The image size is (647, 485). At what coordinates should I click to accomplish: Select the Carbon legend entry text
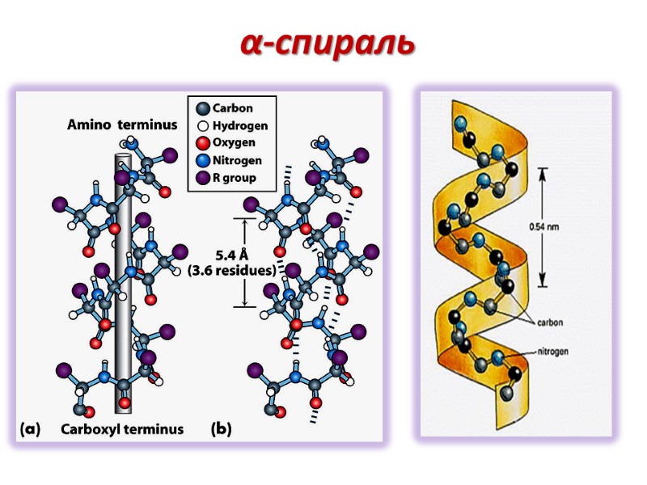click(232, 108)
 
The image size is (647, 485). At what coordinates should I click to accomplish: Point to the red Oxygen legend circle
click(202, 143)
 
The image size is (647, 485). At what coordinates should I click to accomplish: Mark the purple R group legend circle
click(202, 178)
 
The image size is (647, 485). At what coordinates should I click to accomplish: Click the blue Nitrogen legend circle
click(202, 161)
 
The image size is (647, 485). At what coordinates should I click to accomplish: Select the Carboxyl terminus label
click(122, 428)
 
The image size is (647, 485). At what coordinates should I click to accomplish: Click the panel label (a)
click(30, 428)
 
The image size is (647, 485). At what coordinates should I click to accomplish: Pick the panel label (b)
click(221, 428)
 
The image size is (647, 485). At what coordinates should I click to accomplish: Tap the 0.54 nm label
click(543, 227)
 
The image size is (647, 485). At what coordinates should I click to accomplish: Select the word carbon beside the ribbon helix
click(549, 322)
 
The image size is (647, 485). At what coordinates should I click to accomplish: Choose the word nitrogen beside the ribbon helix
click(552, 352)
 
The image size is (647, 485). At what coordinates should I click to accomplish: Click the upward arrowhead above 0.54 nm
click(544, 171)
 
